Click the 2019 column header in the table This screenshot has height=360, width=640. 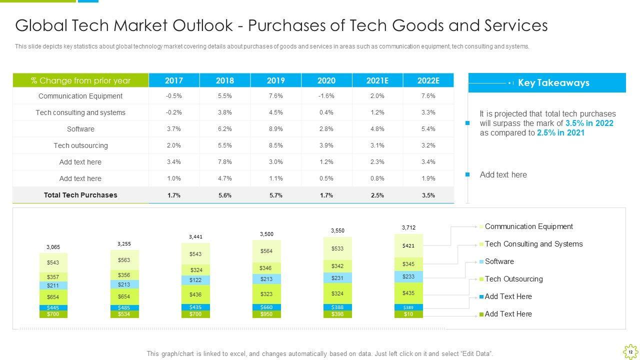[x=276, y=80]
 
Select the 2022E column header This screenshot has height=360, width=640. [x=428, y=80]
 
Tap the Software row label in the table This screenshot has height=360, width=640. [x=80, y=129]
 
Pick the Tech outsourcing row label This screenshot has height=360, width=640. [x=80, y=145]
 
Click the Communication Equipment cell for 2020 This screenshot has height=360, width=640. [x=326, y=96]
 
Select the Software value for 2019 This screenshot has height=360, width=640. [x=276, y=129]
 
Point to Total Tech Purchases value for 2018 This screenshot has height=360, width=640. [x=225, y=195]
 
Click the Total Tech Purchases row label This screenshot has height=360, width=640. [x=80, y=195]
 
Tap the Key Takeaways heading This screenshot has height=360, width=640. [x=553, y=83]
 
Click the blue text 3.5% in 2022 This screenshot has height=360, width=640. [x=589, y=123]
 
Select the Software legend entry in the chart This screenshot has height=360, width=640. [x=499, y=261]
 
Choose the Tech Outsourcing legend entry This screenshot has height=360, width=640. [x=513, y=279]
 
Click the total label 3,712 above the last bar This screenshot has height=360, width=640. [x=408, y=227]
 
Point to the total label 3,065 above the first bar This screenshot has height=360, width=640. [x=53, y=247]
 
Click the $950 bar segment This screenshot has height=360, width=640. [x=266, y=314]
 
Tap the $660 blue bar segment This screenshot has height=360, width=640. [x=266, y=307]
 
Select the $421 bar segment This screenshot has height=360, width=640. [x=408, y=245]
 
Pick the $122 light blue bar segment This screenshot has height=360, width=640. [x=195, y=280]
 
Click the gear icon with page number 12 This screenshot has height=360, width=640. [x=630, y=351]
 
